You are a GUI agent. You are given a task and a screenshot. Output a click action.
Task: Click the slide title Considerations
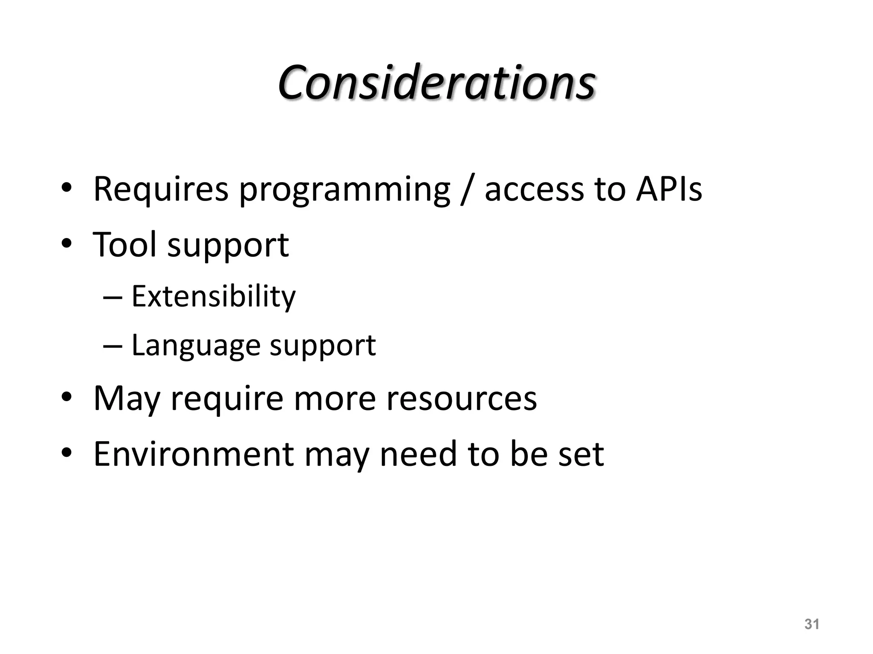[x=436, y=83]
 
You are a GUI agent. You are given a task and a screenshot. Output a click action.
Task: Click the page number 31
[x=812, y=624]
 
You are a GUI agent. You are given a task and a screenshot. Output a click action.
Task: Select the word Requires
[x=161, y=189]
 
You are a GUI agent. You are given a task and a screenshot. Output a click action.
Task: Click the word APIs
[x=668, y=189]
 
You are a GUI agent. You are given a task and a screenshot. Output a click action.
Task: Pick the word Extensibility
[x=213, y=296]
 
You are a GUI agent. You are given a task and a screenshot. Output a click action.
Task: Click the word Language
[x=196, y=346]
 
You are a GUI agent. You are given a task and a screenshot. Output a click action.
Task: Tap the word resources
[x=461, y=399]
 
